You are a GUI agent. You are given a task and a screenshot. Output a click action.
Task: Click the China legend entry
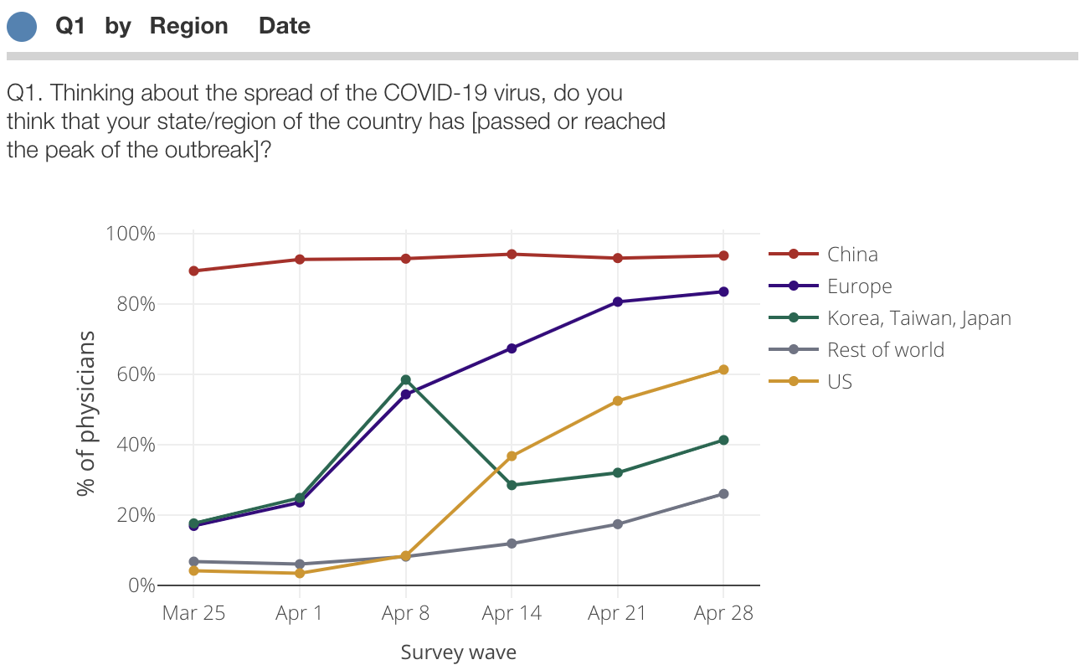point(852,254)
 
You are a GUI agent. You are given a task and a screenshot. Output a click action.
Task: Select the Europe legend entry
point(859,286)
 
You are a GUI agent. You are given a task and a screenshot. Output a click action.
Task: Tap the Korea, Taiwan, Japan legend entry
point(918,318)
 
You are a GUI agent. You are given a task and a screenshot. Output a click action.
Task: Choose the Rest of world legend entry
point(885,350)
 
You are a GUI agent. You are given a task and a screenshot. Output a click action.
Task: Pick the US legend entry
point(839,382)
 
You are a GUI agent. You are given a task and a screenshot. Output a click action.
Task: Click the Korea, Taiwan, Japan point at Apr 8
point(406,380)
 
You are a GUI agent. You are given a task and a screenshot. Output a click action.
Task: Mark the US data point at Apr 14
point(512,456)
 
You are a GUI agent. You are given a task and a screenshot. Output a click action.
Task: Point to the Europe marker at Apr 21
point(618,302)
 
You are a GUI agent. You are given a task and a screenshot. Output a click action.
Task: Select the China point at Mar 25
point(193,271)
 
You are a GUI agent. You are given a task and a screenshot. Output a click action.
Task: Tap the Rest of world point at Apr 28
point(723,494)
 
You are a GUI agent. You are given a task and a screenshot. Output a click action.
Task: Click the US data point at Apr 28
point(723,369)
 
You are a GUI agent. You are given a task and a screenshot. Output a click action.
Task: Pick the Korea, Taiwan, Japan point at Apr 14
point(512,485)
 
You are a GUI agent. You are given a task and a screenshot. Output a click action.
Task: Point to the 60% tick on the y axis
point(131,374)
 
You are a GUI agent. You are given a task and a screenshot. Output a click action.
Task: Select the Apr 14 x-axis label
point(512,613)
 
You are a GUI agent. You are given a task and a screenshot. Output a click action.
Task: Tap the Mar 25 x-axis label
point(193,613)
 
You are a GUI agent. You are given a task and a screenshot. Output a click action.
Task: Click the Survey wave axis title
point(458,652)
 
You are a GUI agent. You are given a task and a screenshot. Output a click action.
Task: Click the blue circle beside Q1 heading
point(22,26)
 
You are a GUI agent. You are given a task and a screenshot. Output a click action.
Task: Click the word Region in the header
point(188,26)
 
